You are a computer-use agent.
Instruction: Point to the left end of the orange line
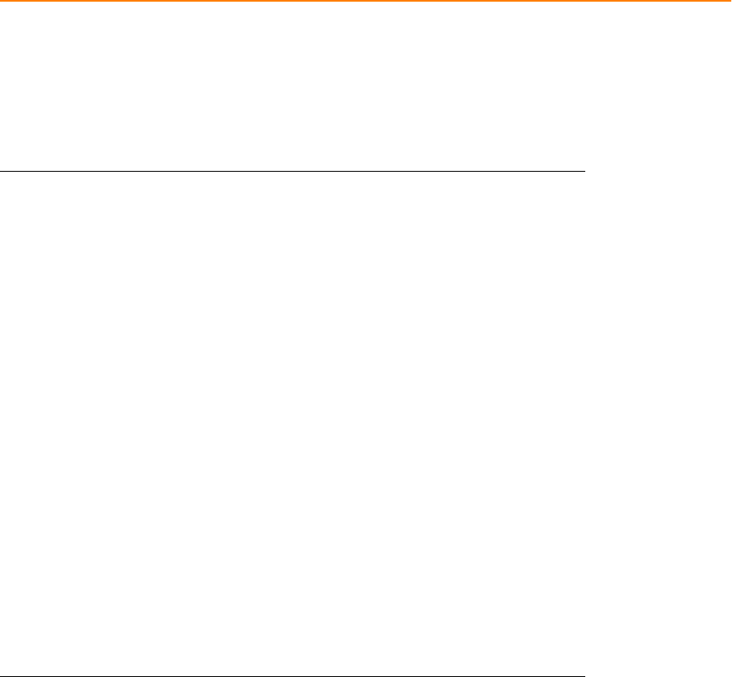coord(1,1)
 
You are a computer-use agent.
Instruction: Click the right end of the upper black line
coord(584,172)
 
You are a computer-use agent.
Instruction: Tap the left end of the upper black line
coord(1,172)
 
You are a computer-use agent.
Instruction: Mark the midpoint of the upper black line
coord(293,172)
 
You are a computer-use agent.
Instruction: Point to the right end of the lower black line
coord(584,675)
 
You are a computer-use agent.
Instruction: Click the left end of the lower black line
coord(1,675)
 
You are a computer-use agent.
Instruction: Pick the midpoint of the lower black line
coord(293,675)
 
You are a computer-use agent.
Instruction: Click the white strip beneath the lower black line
coord(293,676)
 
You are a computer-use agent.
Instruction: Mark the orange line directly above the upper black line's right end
coord(584,1)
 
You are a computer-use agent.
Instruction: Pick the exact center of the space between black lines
coord(293,423)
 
